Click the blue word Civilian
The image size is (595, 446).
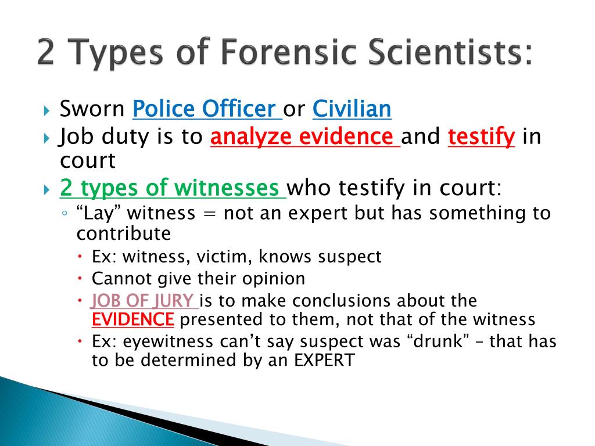point(352,109)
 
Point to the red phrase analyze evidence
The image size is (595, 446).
point(302,137)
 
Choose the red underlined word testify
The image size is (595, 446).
point(482,137)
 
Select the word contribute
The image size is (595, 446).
point(123,233)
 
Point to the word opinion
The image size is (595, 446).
point(278,279)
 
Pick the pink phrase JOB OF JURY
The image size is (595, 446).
point(142,301)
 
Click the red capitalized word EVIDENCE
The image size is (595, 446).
point(133,319)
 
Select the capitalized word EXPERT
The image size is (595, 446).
point(323,359)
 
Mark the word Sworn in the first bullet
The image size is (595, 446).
point(92,109)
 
